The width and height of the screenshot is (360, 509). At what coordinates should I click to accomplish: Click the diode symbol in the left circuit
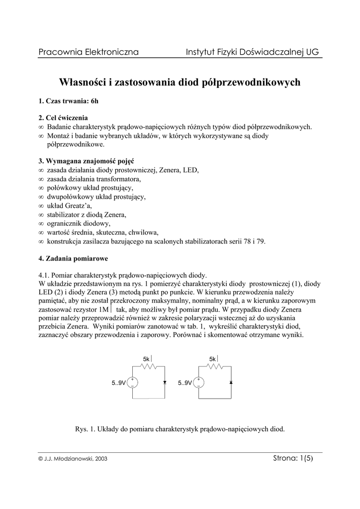165,383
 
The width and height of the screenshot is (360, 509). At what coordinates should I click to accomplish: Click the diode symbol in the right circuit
231,383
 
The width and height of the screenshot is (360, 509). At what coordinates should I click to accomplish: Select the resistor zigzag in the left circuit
148,366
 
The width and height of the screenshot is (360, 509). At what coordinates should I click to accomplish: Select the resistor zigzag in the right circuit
214,366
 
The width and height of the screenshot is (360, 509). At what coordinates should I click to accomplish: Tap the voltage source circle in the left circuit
132,383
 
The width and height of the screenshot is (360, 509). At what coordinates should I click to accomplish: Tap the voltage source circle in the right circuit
198,383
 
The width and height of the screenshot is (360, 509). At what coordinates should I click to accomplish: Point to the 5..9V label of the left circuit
118,383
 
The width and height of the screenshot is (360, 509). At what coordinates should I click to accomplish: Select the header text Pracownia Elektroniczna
88,52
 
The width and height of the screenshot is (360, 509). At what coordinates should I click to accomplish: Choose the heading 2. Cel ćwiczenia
63,118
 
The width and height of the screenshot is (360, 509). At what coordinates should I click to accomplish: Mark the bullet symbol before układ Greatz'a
41,206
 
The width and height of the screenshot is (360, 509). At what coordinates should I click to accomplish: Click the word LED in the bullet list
190,170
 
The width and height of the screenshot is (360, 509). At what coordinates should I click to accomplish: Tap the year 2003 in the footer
100,459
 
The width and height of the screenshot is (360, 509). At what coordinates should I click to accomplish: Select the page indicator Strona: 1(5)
293,458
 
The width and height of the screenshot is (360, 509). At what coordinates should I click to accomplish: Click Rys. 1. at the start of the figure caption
84,429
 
